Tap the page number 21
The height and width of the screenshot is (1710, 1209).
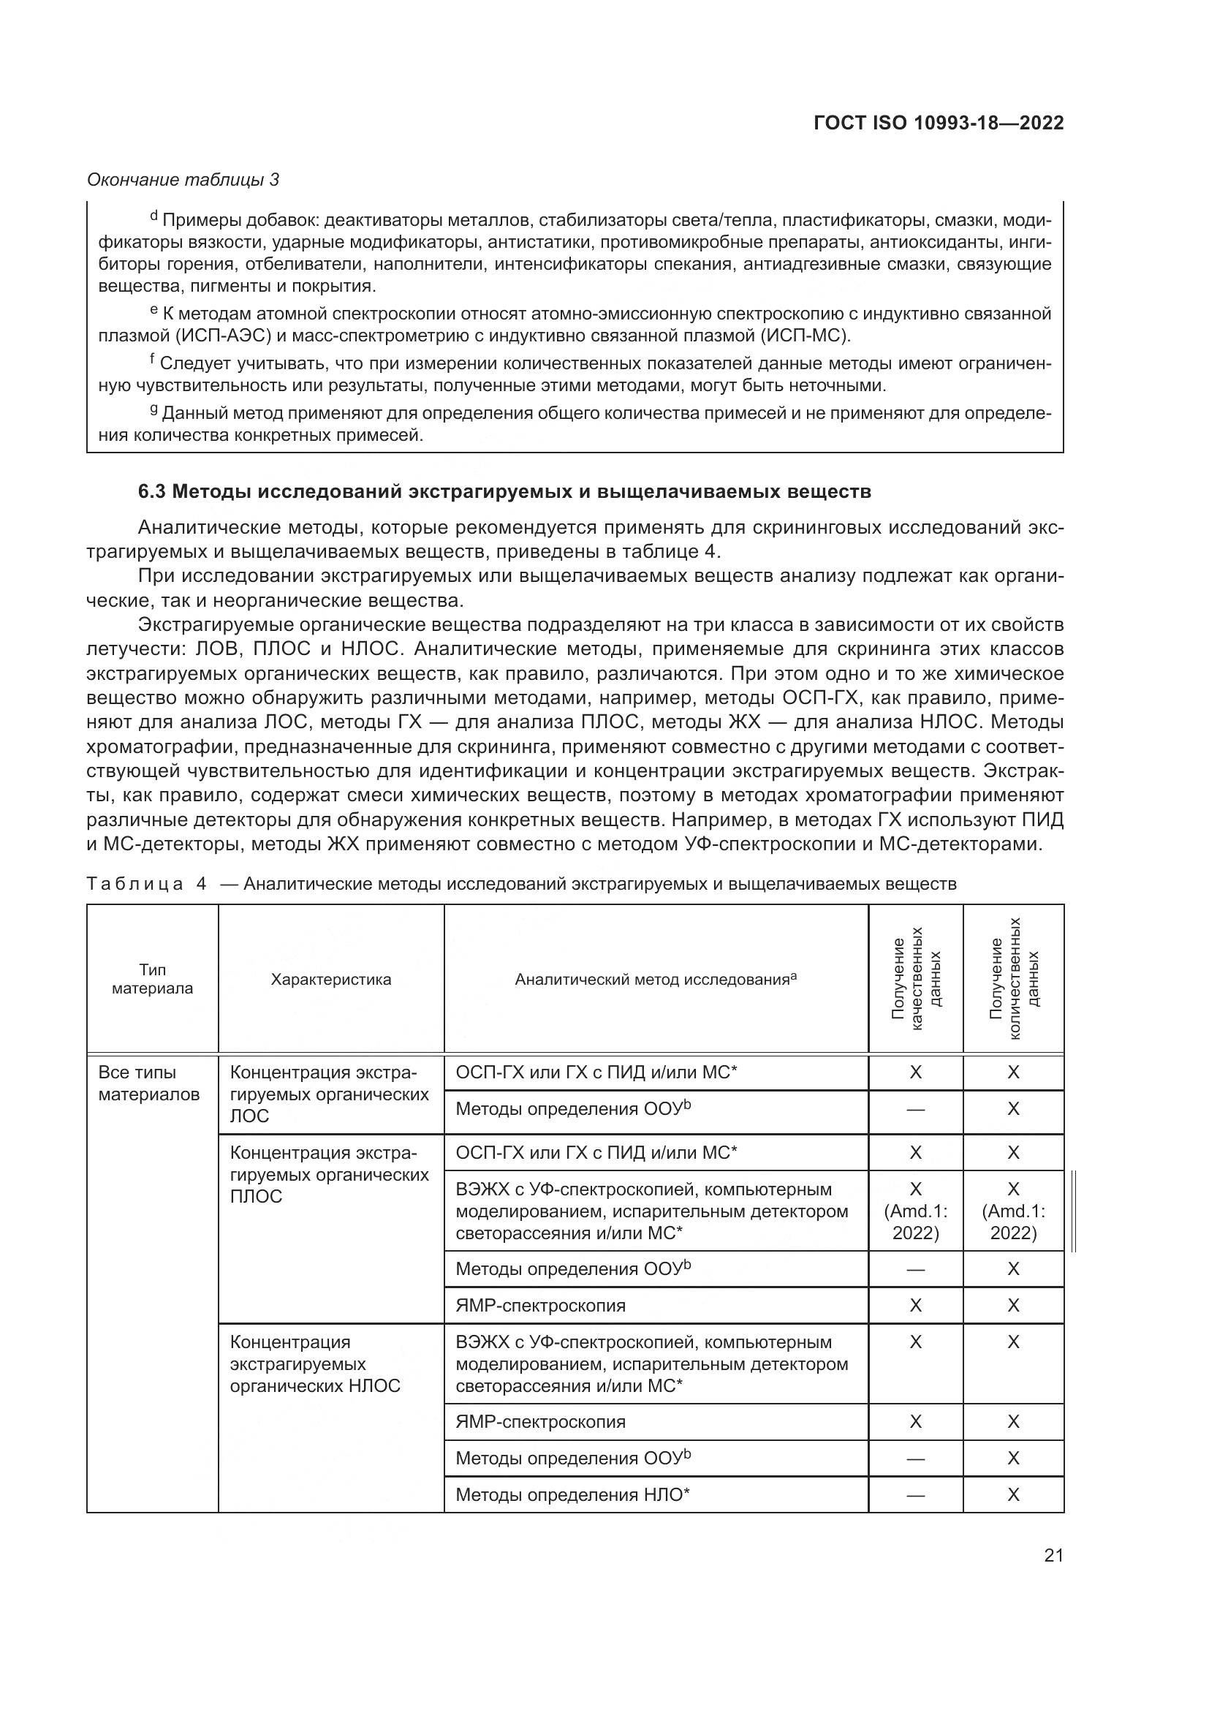(1053, 1555)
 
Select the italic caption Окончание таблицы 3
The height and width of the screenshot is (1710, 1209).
(183, 180)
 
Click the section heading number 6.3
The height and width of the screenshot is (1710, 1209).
(154, 491)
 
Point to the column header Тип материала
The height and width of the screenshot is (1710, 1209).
(153, 979)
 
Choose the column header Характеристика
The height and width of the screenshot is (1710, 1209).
(330, 979)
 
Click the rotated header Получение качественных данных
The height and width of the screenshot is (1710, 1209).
(915, 979)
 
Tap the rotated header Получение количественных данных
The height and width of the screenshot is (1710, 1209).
(1013, 979)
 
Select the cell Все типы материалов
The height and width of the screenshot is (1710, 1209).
(149, 1083)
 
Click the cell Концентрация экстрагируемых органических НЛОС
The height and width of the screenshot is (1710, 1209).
(315, 1363)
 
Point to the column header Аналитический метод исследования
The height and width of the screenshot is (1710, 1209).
(655, 980)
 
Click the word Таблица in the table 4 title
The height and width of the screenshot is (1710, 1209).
(135, 884)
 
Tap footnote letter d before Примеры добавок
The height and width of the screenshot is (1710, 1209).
(154, 216)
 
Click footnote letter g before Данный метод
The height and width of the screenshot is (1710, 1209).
(154, 409)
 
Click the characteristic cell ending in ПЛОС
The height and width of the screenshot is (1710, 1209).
(330, 1175)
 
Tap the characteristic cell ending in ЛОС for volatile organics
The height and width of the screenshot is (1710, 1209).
(330, 1094)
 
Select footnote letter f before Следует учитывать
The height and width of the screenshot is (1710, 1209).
(153, 360)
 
